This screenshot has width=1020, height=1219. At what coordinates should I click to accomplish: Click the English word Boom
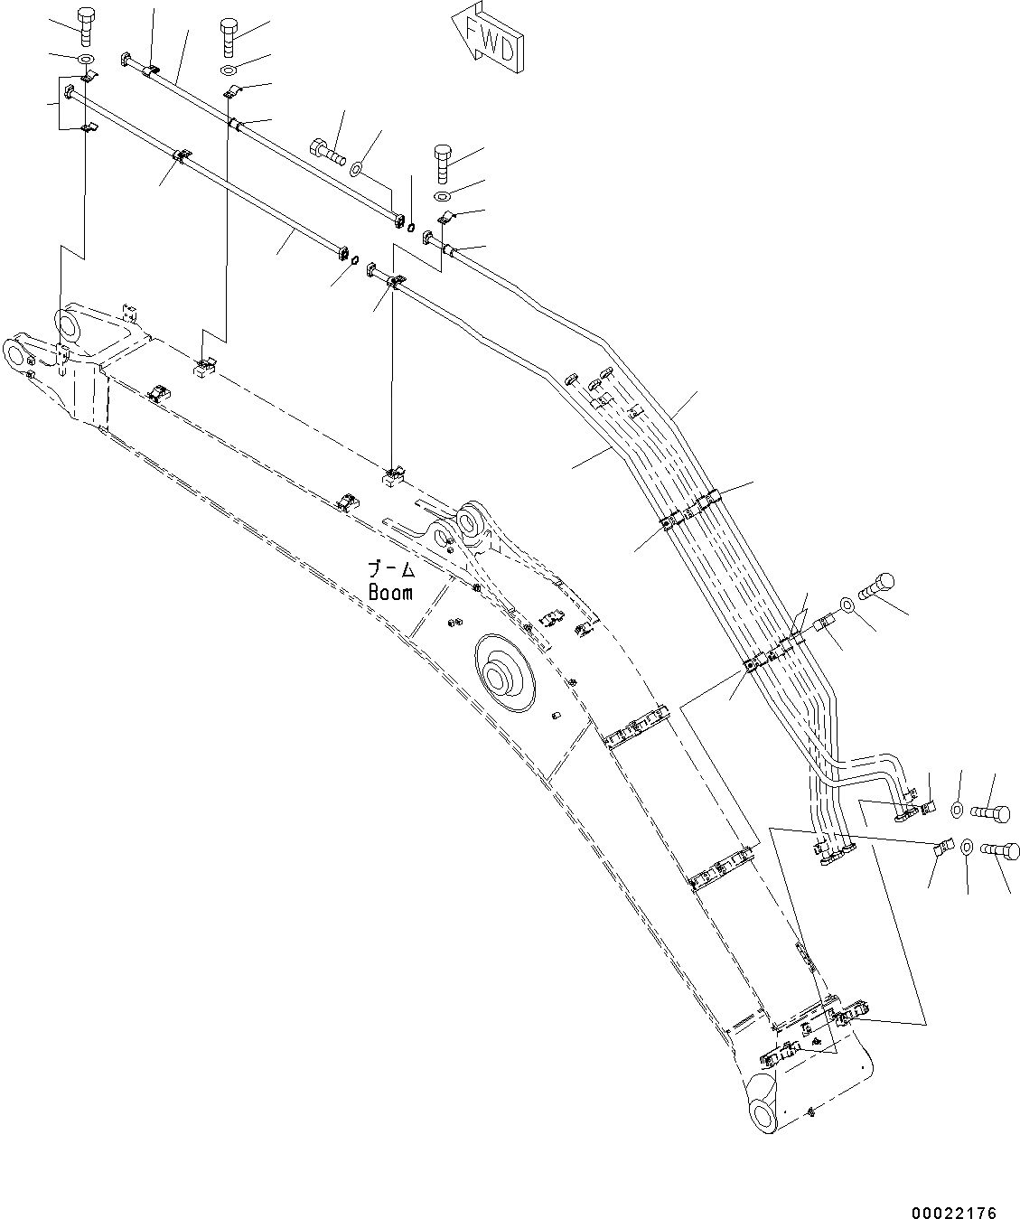coord(390,593)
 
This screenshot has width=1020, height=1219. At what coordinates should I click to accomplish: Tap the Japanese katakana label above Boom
coord(390,569)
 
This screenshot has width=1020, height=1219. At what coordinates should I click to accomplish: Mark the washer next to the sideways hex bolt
coord(358,166)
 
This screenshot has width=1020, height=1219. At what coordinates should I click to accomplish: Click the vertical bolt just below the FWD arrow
coord(443,163)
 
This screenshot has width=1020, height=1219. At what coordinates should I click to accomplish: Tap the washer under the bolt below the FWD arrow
coord(443,196)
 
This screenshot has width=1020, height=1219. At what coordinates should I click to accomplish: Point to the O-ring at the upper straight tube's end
coord(412,226)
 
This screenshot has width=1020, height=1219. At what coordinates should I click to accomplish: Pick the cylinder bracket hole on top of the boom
coord(470,521)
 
